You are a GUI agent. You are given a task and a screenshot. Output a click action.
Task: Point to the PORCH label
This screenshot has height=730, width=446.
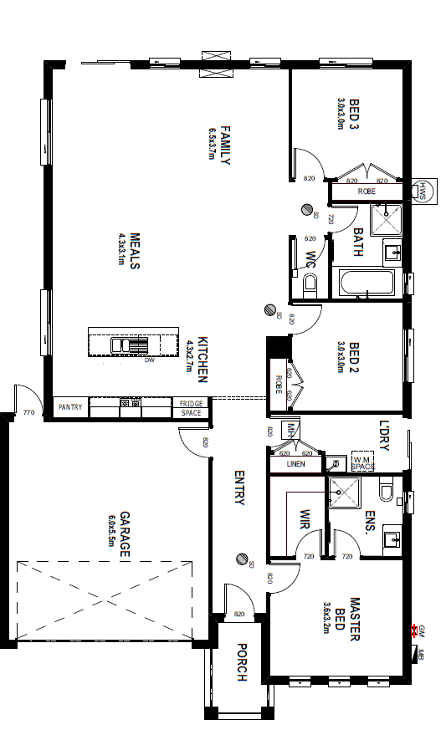tap(241, 662)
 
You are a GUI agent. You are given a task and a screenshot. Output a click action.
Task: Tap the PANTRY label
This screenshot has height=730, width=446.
tap(70, 407)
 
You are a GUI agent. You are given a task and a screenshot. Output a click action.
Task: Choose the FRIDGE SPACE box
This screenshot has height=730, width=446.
tap(191, 408)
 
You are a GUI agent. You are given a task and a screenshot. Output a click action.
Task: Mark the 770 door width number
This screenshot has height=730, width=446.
tap(28, 412)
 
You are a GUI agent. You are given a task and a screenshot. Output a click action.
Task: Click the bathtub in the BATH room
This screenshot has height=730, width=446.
tap(367, 283)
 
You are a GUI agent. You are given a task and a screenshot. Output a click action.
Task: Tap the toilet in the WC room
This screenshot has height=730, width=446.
tap(310, 283)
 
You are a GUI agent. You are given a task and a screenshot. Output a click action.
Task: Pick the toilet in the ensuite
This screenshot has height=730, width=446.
tap(387, 490)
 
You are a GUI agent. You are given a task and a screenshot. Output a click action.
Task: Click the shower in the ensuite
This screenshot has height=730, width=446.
tap(344, 493)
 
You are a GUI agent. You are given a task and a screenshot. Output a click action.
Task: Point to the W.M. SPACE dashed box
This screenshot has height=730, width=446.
tap(362, 463)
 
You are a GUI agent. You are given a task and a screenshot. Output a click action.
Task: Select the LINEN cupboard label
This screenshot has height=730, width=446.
tap(295, 463)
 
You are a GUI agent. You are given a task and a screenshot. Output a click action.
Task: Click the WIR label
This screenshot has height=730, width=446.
tap(305, 523)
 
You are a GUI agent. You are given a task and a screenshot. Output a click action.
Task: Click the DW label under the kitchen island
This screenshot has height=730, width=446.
tap(149, 360)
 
